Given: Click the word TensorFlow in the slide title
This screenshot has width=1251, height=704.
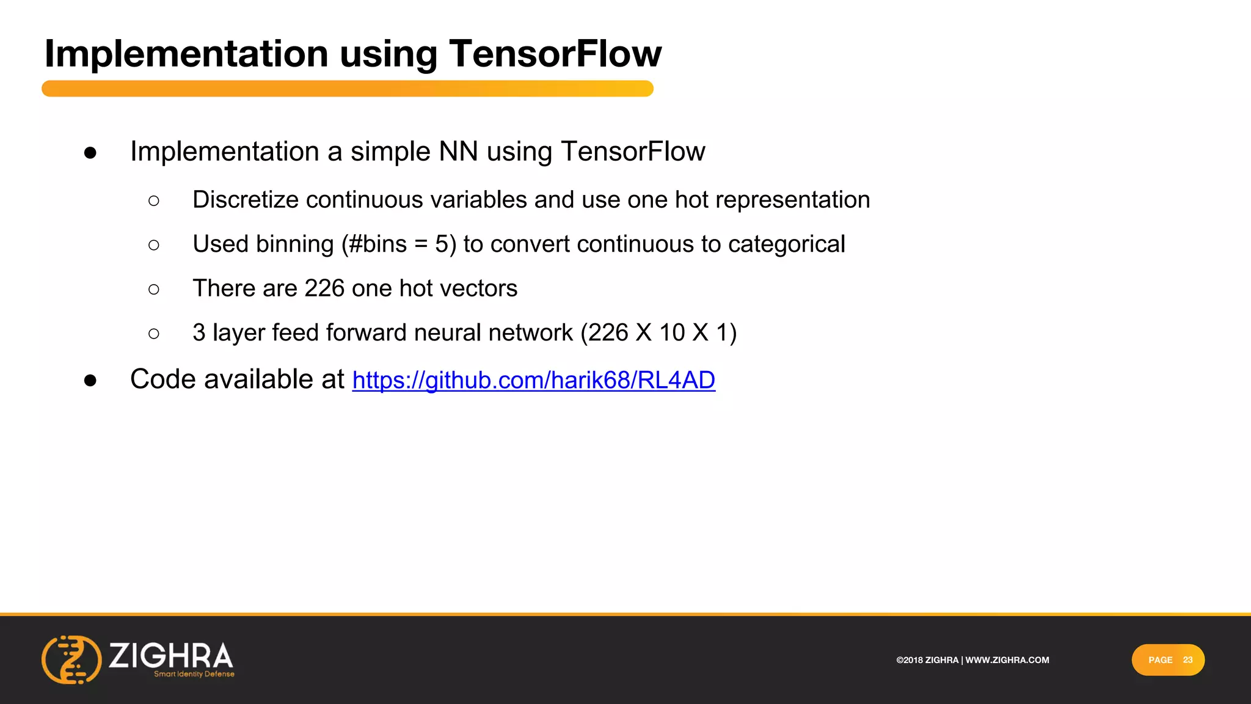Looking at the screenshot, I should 555,54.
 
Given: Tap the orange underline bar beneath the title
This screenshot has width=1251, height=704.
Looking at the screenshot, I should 347,89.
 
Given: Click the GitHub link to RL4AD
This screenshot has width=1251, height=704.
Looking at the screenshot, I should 533,380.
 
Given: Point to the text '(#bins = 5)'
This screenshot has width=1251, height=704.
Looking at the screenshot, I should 398,244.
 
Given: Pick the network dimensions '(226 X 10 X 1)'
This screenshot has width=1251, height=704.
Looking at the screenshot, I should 658,333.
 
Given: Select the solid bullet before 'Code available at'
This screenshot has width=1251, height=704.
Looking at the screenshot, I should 90,381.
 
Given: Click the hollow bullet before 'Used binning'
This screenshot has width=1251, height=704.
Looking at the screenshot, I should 154,245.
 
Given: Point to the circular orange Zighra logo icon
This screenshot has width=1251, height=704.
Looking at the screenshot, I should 71,659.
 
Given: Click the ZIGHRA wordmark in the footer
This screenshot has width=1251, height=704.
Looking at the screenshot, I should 171,655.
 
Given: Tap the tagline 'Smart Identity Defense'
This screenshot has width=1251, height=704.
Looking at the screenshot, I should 194,674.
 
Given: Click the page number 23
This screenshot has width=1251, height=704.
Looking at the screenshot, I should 1187,660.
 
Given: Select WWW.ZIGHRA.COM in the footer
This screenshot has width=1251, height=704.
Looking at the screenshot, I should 1007,660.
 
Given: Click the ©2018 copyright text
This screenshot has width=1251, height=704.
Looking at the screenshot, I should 927,660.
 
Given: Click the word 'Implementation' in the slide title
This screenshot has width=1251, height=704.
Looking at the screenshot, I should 187,54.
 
